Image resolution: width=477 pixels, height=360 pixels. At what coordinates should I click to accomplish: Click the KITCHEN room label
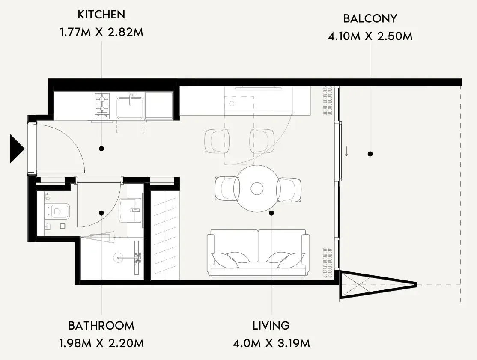coord(101,14)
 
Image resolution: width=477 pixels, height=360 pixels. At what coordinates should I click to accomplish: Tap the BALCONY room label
coord(370,18)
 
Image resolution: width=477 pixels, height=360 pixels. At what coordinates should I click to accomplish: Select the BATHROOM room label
coord(101,326)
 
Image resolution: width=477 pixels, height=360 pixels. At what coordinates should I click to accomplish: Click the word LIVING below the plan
coord(271,326)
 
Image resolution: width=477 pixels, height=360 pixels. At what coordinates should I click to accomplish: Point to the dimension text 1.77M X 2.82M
coord(101,32)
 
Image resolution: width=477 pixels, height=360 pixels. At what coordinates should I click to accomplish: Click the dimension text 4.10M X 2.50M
coord(370,36)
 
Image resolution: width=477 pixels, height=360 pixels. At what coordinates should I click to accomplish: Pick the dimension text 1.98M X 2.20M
coord(101,343)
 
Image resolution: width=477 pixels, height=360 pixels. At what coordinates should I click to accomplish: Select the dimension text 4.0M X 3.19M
coord(271,343)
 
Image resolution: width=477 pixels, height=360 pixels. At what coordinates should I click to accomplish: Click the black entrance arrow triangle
coord(17,149)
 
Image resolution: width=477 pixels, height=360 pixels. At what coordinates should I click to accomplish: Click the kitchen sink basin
coord(130,107)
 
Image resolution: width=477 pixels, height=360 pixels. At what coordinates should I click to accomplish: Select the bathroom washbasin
coord(131,210)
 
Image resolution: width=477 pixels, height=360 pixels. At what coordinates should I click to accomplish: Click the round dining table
coord(257,188)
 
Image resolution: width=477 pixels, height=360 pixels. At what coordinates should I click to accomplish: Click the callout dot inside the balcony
coord(370,154)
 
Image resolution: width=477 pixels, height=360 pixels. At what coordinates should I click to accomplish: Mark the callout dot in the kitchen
coord(101,149)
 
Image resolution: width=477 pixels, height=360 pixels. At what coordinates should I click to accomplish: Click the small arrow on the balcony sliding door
coord(346,151)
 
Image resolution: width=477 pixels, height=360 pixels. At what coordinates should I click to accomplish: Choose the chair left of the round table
coord(227,189)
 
